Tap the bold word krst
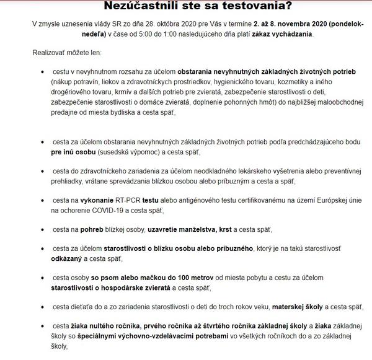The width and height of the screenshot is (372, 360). [225, 229]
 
